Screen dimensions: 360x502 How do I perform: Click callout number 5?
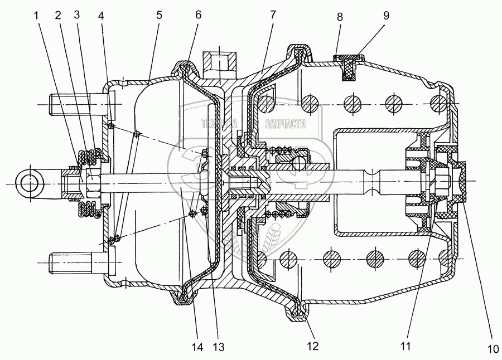point(159,16)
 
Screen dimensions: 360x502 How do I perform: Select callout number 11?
point(406,347)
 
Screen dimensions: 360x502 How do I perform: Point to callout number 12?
point(312,347)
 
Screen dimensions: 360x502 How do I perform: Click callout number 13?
point(218,347)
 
